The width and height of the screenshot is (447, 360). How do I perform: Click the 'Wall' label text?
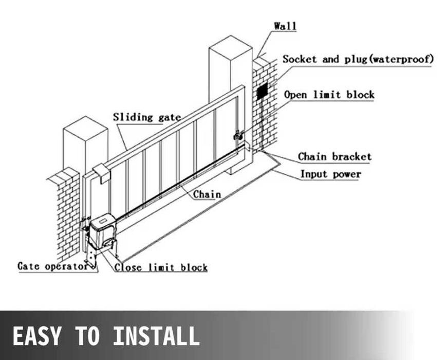point(285,26)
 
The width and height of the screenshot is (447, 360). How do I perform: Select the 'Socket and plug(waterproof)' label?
point(358,59)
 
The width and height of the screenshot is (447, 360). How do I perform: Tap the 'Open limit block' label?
point(329,95)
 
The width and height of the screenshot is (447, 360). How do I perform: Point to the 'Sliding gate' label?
point(147,117)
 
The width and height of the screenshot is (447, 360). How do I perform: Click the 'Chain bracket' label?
point(334,157)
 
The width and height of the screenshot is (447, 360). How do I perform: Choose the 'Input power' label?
point(331,174)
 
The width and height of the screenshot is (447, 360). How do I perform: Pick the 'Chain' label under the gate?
point(207,194)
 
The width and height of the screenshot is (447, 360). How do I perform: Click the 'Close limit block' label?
point(161,267)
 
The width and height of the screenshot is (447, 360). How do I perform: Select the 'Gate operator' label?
point(53,266)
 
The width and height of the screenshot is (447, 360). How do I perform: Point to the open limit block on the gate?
point(238,135)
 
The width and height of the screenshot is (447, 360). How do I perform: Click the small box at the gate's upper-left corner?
point(102,173)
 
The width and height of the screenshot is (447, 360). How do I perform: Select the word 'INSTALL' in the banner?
point(156,336)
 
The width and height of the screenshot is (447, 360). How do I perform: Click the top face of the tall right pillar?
point(231,42)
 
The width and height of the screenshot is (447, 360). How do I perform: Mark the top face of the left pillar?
point(85,123)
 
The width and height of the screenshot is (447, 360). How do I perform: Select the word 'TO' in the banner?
point(87,336)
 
